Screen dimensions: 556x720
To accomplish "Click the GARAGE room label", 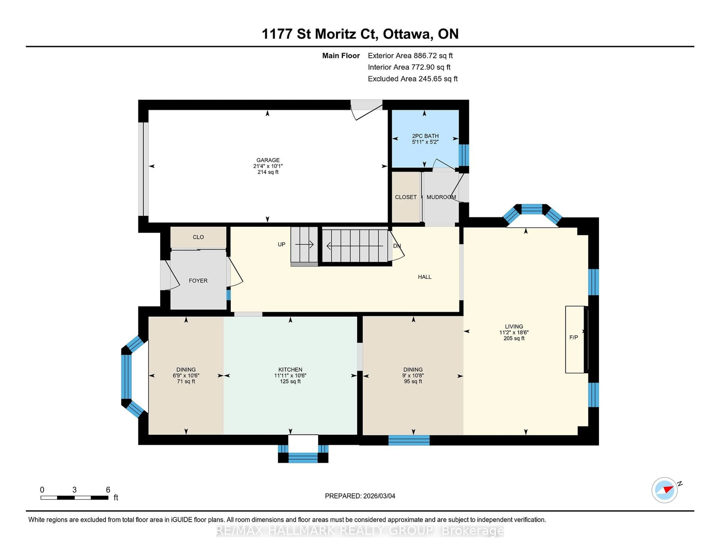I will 268,160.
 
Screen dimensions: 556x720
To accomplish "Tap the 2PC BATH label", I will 425,136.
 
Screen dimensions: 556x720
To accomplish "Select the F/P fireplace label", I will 573,337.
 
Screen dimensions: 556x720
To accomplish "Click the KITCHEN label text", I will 290,370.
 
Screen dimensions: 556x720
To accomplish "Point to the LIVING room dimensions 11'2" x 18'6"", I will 514,332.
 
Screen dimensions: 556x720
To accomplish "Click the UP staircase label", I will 281,244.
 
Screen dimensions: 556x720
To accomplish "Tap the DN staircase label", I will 397,246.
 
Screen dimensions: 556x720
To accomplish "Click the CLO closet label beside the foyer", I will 198,237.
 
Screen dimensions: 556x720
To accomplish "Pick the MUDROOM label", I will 441,197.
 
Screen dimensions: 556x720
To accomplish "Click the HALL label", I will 424,277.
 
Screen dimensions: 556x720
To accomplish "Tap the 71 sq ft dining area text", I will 186,381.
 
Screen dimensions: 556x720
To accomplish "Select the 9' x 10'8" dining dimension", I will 413,375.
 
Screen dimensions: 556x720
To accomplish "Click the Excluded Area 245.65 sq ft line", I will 412,79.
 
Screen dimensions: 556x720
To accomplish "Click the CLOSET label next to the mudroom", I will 406,197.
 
